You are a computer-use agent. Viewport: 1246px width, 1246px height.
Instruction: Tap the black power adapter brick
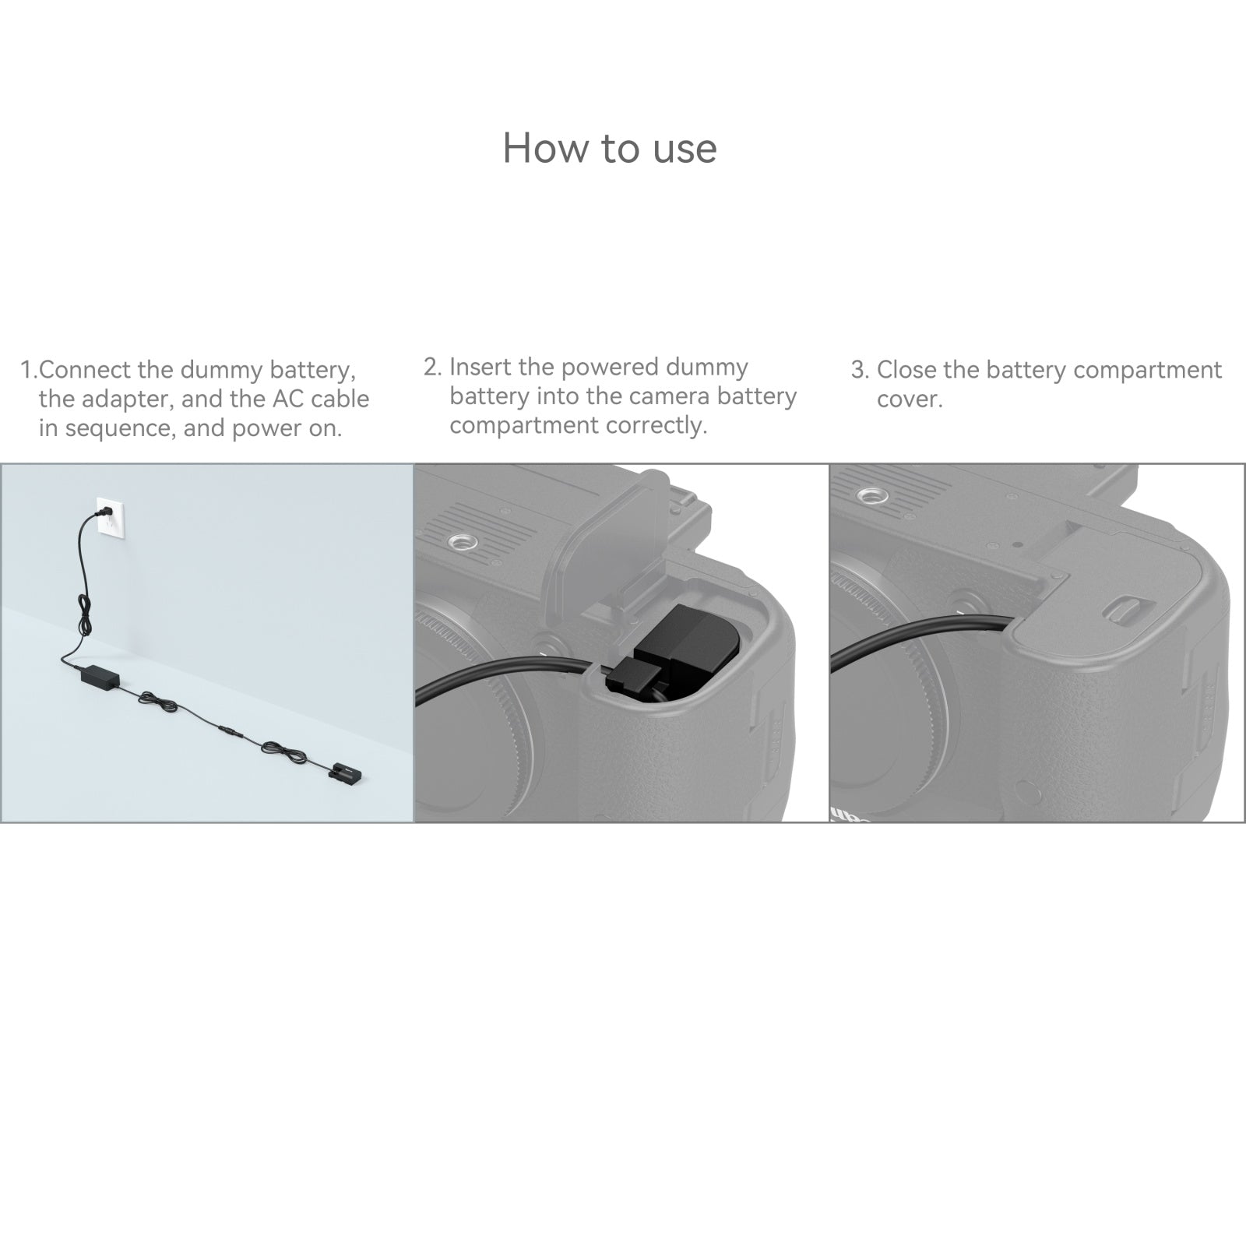[100, 676]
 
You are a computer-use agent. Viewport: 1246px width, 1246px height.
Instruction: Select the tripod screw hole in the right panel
[871, 495]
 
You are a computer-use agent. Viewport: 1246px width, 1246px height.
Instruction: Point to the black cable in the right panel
[919, 635]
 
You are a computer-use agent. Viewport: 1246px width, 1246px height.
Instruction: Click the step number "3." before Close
[860, 370]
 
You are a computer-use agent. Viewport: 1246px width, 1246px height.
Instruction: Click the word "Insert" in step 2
[482, 367]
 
